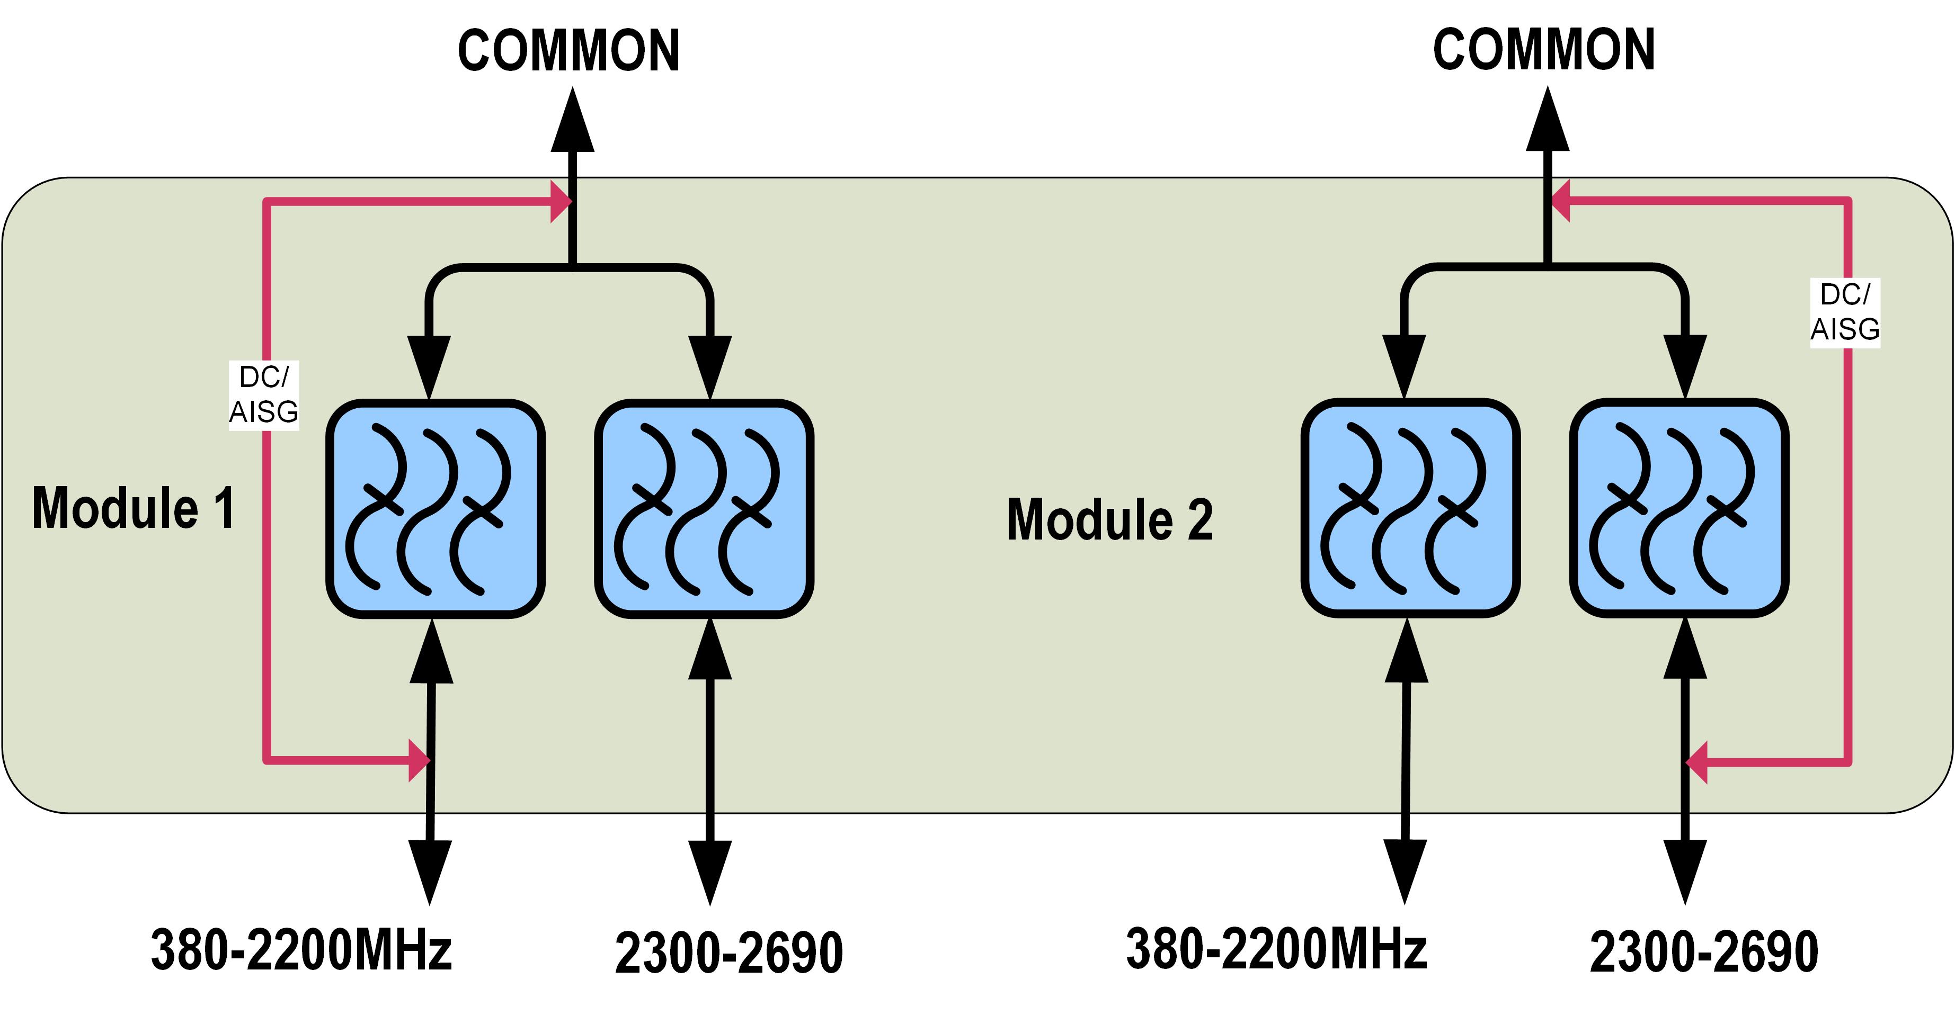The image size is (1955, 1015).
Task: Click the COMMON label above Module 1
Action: (568, 51)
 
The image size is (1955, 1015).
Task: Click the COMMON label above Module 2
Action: (1544, 50)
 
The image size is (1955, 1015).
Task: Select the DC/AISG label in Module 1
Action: (263, 395)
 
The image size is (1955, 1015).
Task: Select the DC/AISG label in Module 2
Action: (1845, 312)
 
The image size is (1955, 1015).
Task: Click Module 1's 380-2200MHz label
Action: (301, 950)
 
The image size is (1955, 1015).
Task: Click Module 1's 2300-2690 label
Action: (728, 953)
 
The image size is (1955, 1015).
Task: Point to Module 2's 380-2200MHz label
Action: (1276, 948)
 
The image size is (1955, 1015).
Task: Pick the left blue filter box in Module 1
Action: (436, 508)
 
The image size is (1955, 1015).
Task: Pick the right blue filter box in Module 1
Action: (704, 508)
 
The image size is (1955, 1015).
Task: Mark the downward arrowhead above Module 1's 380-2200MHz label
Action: (430, 871)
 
